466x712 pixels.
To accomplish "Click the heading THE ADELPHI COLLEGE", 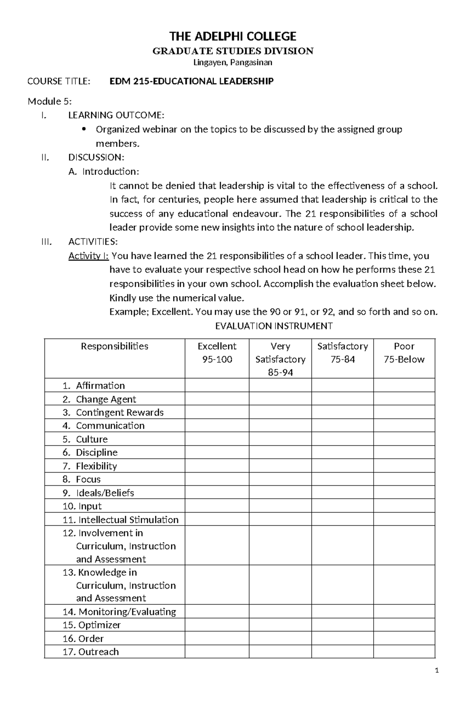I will coord(233,36).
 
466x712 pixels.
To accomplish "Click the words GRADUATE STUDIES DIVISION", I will coord(233,51).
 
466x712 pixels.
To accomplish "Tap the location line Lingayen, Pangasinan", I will coord(233,62).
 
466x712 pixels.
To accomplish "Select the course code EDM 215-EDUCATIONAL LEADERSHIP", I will coord(191,81).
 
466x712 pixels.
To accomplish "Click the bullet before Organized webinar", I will coord(84,129).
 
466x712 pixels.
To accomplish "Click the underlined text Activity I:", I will coord(89,256).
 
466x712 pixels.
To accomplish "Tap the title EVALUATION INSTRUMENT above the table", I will coord(274,326).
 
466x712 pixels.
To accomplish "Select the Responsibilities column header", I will coord(115,346).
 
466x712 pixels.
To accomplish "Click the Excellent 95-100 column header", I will coord(217,353).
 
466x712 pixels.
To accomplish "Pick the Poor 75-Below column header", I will coord(404,353).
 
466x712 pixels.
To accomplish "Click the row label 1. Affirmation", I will coord(94,386).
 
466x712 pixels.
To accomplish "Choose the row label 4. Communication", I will coord(103,426).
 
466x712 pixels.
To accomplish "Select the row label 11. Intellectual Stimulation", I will coord(120,520).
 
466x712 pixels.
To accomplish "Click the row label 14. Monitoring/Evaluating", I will coord(119,612).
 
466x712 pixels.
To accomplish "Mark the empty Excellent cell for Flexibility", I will coord(217,466).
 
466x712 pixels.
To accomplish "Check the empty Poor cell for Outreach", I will coord(404,652).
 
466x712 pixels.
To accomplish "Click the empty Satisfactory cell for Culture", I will coord(342,439).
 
